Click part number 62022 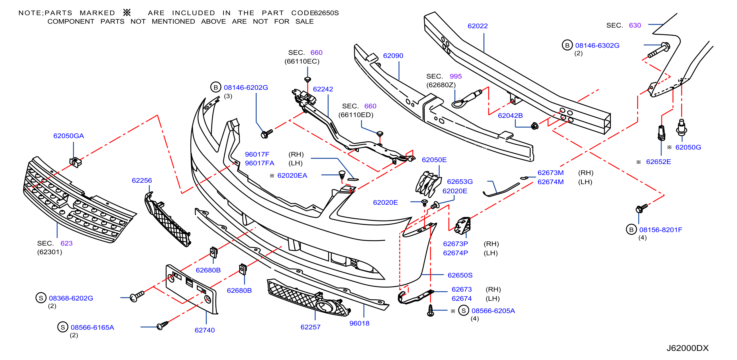pos(478,26)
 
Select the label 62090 pos(393,56)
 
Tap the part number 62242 pos(323,89)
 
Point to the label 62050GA pos(69,136)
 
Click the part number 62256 pos(142,180)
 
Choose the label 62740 pos(205,330)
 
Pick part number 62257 pos(310,327)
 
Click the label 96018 pos(359,323)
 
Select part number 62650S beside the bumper pos(460,275)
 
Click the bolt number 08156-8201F pos(661,230)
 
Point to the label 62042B pos(510,116)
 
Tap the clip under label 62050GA pos(75,162)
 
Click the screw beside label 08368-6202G pos(137,296)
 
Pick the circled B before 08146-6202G pos(216,87)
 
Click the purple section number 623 pos(66,244)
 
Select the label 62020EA pos(292,176)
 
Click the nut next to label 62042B pos(535,126)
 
